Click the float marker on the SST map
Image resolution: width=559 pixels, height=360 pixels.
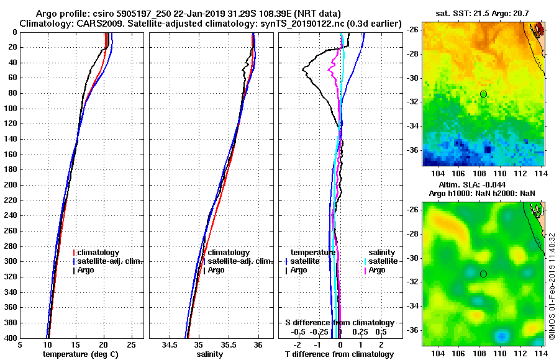pos(483,94)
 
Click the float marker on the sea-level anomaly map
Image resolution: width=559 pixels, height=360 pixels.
pos(483,274)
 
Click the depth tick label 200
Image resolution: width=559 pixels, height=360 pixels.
pos(10,185)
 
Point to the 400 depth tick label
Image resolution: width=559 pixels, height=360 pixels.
pos(10,338)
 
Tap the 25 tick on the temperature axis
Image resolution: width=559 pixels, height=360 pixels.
pos(131,345)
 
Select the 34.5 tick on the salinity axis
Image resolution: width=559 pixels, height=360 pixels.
pos(169,345)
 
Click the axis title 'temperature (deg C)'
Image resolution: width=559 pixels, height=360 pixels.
pos(80,354)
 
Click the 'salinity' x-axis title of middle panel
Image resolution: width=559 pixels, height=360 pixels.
pos(209,354)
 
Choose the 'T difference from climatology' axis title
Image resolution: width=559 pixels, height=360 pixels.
pos(339,354)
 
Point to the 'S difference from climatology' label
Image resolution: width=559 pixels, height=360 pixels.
pos(339,323)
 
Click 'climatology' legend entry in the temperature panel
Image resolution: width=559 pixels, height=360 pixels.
pos(99,253)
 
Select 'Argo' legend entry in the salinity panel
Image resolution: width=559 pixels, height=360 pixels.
pos(216,270)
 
